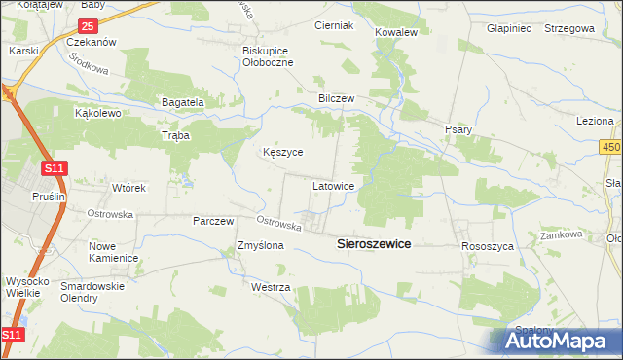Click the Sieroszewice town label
[374, 246]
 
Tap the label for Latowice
[340, 184]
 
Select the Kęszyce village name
[283, 153]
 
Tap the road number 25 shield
[89, 25]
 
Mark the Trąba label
[175, 136]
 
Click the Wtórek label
[128, 188]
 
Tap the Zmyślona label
[261, 246]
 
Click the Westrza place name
[271, 288]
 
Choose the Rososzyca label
[487, 247]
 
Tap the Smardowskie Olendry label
[92, 293]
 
